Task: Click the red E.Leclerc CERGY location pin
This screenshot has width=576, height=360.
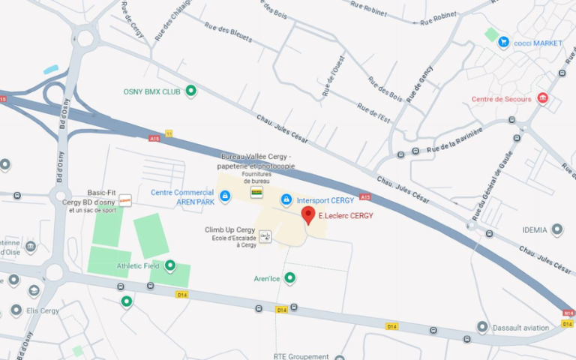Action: (307, 215)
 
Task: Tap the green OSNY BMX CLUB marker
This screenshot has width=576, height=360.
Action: (190, 91)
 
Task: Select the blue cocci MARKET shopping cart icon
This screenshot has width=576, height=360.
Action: (503, 43)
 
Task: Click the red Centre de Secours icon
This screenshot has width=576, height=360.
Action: (543, 98)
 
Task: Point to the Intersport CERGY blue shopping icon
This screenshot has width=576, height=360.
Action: (286, 199)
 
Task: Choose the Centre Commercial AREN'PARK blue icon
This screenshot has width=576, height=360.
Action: (225, 196)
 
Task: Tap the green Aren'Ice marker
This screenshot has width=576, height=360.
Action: (289, 278)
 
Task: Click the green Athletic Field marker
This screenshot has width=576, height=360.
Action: (169, 265)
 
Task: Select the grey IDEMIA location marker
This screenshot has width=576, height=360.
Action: (556, 229)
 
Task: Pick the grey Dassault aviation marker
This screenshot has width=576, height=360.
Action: (482, 327)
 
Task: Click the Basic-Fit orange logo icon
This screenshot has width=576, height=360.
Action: (125, 200)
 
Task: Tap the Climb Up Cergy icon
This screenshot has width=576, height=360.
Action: (265, 237)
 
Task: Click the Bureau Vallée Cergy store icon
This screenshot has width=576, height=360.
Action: (256, 193)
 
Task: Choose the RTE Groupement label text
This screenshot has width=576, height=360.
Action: (301, 356)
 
